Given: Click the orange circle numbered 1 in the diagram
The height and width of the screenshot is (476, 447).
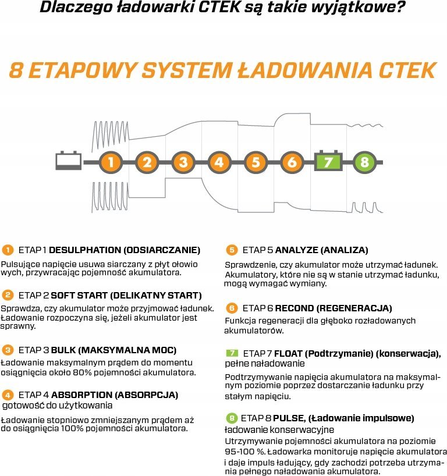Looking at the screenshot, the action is [111, 162].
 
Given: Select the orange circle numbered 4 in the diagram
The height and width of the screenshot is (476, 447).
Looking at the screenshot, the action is [219, 162].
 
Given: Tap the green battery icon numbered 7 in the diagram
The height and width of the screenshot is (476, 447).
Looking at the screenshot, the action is [328, 161].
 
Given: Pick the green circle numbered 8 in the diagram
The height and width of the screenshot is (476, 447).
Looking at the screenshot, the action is [365, 162].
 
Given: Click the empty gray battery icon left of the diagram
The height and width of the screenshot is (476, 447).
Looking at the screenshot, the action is [68, 160].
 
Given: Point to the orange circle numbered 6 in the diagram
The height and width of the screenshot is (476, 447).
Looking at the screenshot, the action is [292, 162].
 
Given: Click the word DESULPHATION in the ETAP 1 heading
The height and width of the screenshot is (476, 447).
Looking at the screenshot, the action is [85, 250].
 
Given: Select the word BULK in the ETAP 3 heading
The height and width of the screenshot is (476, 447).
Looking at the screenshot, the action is [63, 350].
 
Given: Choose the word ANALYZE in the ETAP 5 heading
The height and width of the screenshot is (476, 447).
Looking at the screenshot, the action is [296, 250].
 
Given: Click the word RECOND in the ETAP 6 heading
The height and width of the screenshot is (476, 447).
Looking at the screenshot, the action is [295, 308].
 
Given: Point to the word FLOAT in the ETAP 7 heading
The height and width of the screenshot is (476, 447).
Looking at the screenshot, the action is [288, 354].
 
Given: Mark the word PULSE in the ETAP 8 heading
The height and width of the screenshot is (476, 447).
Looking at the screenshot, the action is [289, 418].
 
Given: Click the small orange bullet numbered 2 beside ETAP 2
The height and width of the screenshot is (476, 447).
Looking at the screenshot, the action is [8, 295].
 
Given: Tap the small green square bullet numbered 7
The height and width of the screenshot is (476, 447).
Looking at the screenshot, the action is [232, 353].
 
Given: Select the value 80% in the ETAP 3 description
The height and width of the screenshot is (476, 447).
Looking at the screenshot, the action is [82, 372].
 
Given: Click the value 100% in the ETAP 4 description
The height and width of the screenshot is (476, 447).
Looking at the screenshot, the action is [72, 429].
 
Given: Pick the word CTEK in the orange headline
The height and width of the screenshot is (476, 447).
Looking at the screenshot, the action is [407, 70].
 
